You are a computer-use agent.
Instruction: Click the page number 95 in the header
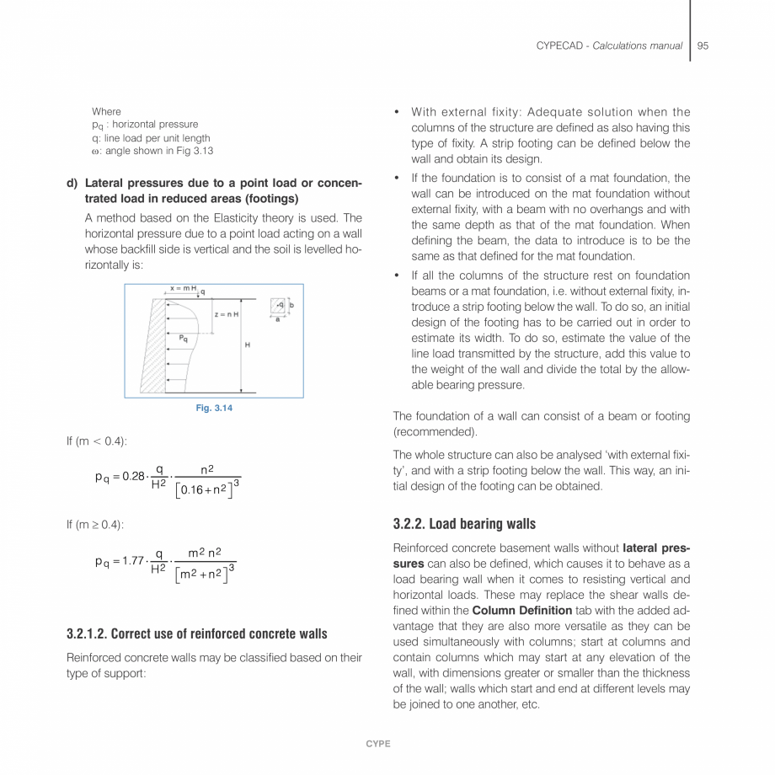(703, 45)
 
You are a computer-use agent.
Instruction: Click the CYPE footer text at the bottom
(377, 744)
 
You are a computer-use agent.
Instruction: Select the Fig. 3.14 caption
(214, 409)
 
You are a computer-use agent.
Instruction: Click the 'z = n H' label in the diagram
(227, 314)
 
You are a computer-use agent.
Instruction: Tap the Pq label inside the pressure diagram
(183, 338)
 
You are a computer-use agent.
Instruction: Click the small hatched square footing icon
(278, 305)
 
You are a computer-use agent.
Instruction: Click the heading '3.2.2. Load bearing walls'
(464, 524)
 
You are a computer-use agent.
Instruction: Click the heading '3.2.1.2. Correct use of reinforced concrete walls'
(196, 633)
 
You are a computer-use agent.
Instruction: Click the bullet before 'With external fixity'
(397, 113)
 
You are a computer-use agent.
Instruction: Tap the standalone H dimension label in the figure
(247, 345)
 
